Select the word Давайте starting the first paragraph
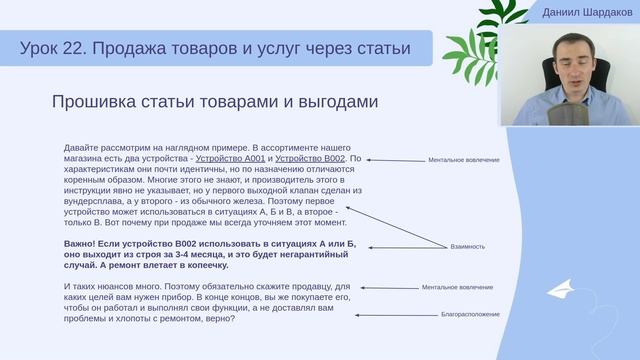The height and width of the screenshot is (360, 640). [81, 148]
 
